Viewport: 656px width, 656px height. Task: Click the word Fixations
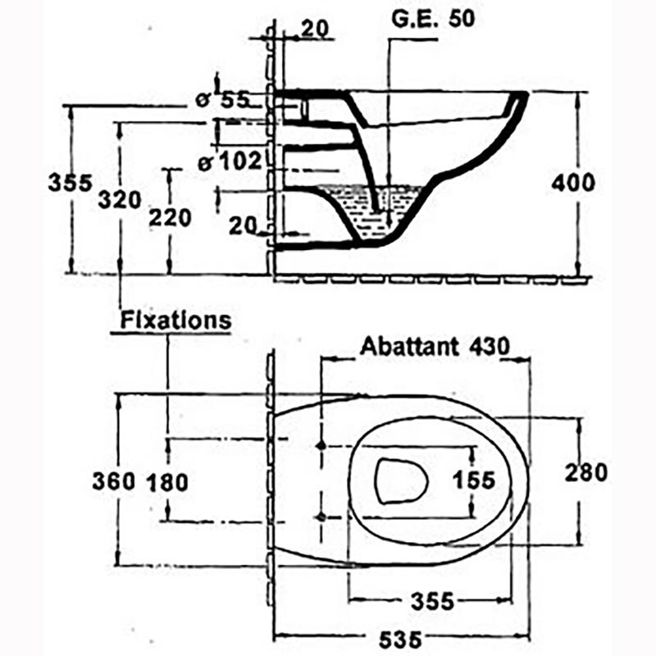(x=175, y=321)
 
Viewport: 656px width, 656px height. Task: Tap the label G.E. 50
(x=433, y=19)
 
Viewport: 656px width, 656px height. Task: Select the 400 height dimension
(x=572, y=183)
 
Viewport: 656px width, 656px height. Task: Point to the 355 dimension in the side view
(x=70, y=183)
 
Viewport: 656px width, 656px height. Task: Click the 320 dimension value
(x=120, y=199)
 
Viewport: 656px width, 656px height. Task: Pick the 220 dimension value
(x=171, y=218)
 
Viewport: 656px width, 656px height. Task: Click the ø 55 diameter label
(x=222, y=100)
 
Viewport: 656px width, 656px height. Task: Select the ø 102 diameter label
(x=230, y=161)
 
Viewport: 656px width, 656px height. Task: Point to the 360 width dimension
(x=114, y=481)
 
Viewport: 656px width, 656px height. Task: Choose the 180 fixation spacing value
(x=167, y=482)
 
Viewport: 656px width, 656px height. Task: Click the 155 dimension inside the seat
(x=474, y=480)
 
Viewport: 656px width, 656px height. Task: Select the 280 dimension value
(x=585, y=473)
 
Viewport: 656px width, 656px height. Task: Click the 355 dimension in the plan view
(x=432, y=602)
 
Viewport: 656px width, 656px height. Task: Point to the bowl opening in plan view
(x=401, y=481)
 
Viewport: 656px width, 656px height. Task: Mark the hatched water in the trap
(x=372, y=212)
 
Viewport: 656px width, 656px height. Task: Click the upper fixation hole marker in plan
(x=321, y=446)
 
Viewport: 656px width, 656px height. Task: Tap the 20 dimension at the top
(x=315, y=29)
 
